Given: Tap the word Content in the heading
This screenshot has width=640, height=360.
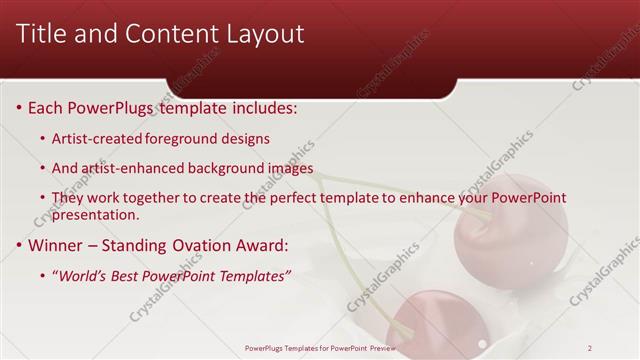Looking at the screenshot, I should (162, 34).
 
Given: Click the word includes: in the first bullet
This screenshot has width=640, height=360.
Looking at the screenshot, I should (262, 107).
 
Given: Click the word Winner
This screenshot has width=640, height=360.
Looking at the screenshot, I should (58, 244).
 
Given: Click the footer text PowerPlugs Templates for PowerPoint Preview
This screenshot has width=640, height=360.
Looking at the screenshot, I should (319, 348).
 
